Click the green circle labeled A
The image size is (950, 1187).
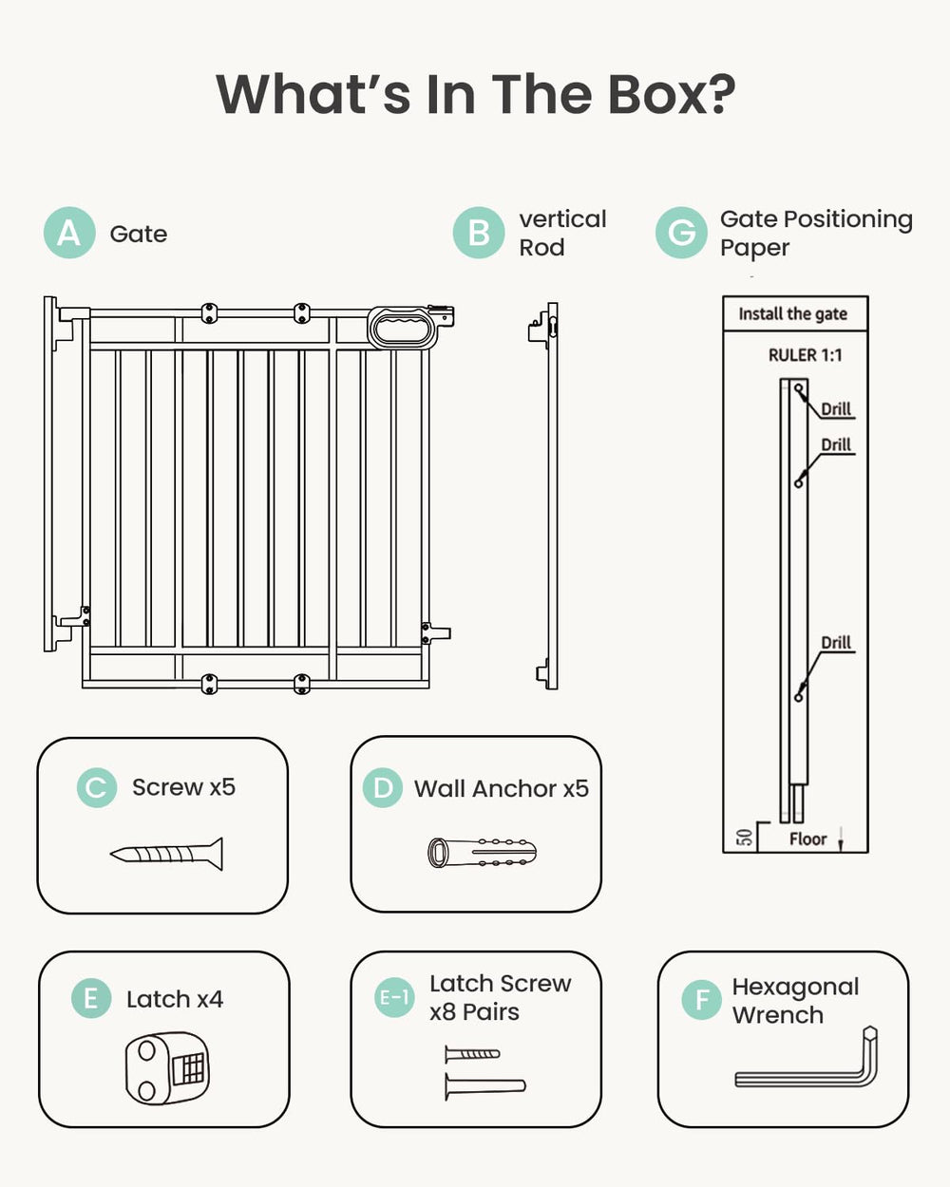pos(69,233)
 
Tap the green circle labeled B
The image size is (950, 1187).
pos(478,233)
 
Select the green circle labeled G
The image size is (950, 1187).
pos(681,233)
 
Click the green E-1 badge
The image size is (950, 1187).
pos(393,997)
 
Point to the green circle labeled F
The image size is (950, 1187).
pos(701,1000)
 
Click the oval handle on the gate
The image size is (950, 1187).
pos(402,328)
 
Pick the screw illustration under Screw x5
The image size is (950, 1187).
pos(167,854)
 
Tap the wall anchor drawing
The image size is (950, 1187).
pos(482,853)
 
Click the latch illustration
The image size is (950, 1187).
pos(168,1067)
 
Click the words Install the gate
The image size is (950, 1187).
pos(792,314)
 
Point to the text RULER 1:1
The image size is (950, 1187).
pos(805,355)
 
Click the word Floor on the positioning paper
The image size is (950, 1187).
pos(807,838)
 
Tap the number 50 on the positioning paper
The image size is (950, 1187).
pos(744,838)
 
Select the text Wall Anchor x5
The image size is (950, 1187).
pos(501,788)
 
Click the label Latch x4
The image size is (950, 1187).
pos(175,999)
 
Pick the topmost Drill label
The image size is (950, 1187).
pos(836,409)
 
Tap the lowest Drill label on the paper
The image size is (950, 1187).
pos(836,643)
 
